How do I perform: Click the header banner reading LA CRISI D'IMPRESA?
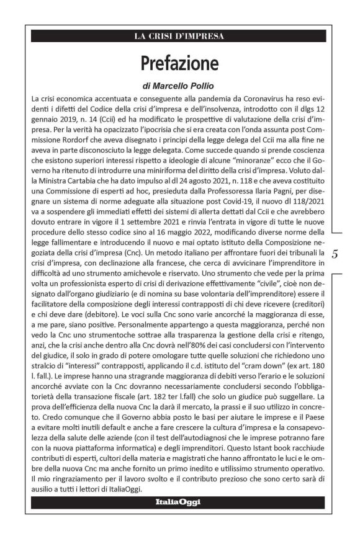click(x=179, y=36)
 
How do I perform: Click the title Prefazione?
click(x=179, y=63)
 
